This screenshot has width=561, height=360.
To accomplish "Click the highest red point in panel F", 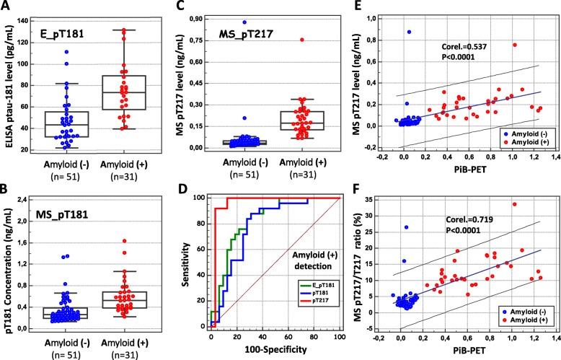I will [x=515, y=204].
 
